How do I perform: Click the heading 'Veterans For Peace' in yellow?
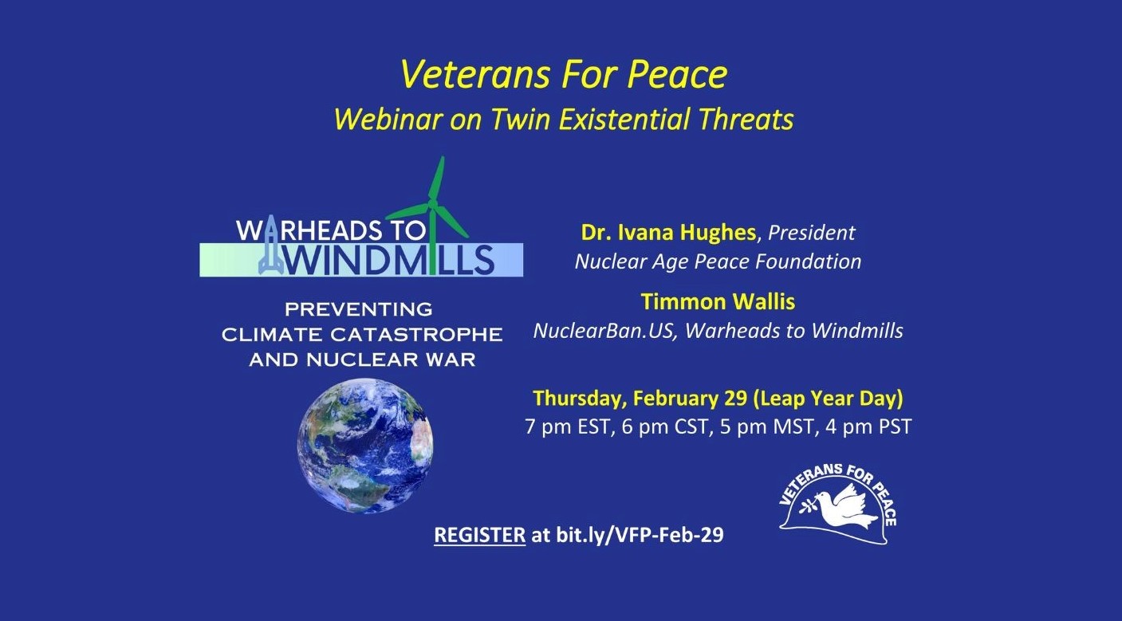coord(564,75)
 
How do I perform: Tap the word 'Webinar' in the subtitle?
coord(388,120)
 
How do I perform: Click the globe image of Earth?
coord(365,445)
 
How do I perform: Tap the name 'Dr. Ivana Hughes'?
coord(668,232)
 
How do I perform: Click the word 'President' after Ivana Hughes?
coord(812,232)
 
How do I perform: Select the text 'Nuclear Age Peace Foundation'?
coord(718,261)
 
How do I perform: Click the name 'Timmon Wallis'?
coord(718,301)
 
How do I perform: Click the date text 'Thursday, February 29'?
coord(640,398)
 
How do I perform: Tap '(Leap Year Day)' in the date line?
coord(829,398)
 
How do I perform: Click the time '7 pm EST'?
coord(568,426)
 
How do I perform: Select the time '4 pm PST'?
coord(868,426)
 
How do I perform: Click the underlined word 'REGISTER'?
coord(480,535)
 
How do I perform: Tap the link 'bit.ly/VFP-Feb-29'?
coord(640,535)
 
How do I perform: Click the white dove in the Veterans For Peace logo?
coord(841,506)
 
